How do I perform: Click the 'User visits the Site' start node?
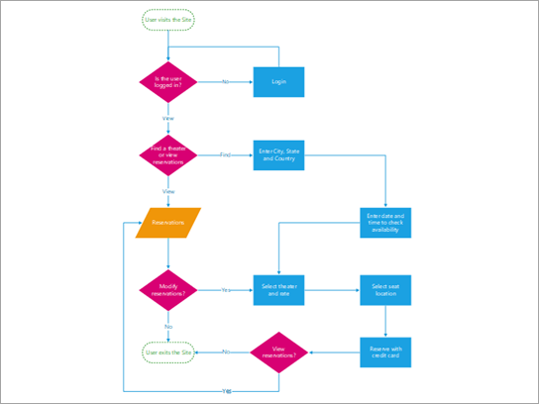pyautogui.click(x=169, y=20)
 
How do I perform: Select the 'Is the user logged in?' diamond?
pyautogui.click(x=169, y=81)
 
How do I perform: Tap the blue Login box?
pyautogui.click(x=278, y=81)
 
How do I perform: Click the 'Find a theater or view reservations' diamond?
pyautogui.click(x=169, y=154)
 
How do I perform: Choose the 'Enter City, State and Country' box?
pyautogui.click(x=278, y=154)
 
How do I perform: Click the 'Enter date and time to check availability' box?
pyautogui.click(x=384, y=223)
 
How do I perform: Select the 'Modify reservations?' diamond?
pyautogui.click(x=169, y=290)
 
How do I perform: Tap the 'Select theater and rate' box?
pyautogui.click(x=278, y=290)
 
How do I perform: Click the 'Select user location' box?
pyautogui.click(x=384, y=290)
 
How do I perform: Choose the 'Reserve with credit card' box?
pyautogui.click(x=384, y=352)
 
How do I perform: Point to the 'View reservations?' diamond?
pyautogui.click(x=278, y=352)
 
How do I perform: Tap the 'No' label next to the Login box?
pyautogui.click(x=225, y=81)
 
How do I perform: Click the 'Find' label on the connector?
pyautogui.click(x=225, y=154)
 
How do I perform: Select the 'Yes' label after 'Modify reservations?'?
pyautogui.click(x=225, y=290)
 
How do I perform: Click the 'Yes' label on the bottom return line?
pyautogui.click(x=227, y=390)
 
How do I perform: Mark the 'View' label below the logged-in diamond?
pyautogui.click(x=169, y=118)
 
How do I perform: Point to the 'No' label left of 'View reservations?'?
pyautogui.click(x=227, y=352)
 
